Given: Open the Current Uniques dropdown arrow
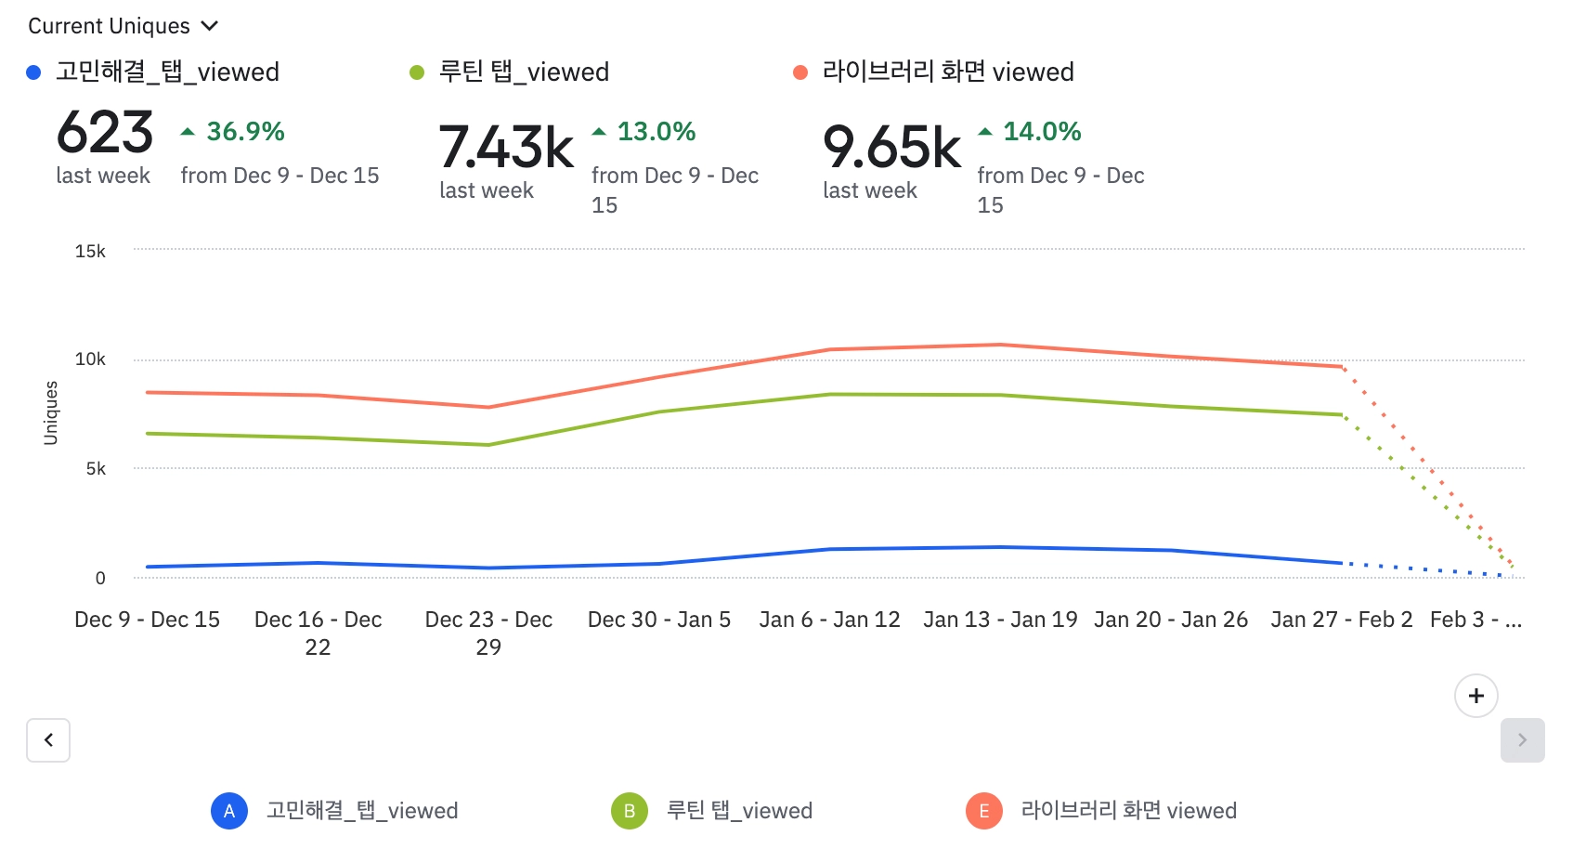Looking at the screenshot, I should pos(210,26).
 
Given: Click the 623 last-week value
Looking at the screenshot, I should pos(105,133).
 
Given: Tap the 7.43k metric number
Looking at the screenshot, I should pos(506,148).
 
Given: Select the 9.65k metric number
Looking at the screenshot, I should pos(891,148).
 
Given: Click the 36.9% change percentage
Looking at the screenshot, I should pos(245,132).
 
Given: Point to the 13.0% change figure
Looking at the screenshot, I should pos(656,132).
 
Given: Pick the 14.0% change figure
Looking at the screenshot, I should pos(1042,132).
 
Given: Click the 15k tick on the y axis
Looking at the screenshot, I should pos(90,251).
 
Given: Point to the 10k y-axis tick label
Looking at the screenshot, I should pos(90,359).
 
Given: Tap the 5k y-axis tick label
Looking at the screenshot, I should pos(96,469).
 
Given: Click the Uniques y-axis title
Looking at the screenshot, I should pos(51,413).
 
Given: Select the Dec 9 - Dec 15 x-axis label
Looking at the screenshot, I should pos(148,620).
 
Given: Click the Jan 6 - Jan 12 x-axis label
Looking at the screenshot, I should pos(829,620).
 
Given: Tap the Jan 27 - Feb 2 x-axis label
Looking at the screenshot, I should pos(1341,620).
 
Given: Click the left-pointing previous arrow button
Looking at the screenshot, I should pos(48,740).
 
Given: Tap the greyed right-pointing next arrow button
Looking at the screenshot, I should pos(1522,740).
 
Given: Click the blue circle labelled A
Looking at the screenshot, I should pos(229,811).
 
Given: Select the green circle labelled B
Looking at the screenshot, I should pos(629,811).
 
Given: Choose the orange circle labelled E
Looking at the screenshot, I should pos(984,811).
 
